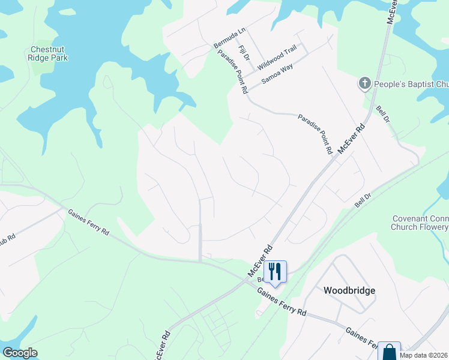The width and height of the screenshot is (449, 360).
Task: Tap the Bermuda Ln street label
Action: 231,38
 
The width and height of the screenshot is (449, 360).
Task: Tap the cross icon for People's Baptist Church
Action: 364,83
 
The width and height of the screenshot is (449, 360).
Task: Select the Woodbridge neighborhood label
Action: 349,290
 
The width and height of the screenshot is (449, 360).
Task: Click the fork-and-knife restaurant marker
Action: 275,270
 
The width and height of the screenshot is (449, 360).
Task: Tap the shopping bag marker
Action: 390,351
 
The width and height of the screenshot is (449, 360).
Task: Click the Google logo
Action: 20,353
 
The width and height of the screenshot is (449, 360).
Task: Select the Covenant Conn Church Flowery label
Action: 420,223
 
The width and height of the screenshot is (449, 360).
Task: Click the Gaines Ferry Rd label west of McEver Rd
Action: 88,222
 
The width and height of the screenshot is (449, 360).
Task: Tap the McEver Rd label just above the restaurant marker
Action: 261,260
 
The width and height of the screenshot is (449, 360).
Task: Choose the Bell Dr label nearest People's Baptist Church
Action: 383,115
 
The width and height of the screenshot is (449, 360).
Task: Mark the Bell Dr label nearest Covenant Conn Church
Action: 363,200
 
